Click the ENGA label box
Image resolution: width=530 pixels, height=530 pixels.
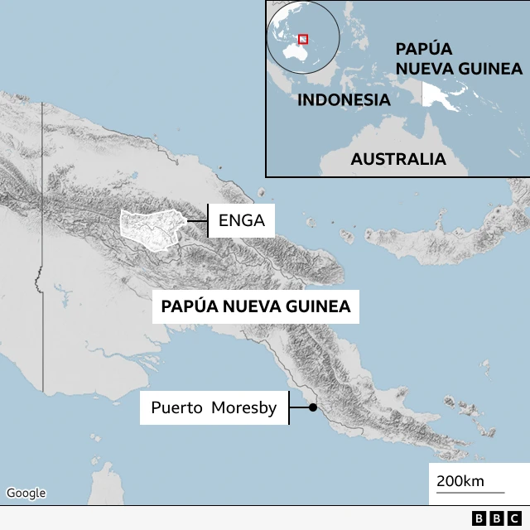[241, 221]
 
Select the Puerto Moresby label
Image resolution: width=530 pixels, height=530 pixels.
[214, 407]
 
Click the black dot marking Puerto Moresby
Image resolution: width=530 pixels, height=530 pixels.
[313, 407]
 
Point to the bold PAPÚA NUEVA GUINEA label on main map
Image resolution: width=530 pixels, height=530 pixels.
[256, 306]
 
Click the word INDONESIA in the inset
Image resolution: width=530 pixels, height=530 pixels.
[343, 100]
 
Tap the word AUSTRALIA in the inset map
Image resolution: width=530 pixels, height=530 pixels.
[397, 159]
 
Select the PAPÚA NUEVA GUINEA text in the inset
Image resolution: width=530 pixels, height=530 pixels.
[458, 58]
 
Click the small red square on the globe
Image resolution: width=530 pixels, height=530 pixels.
[303, 38]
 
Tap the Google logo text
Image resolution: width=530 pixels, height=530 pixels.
[26, 493]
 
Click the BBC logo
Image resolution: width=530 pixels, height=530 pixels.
[494, 518]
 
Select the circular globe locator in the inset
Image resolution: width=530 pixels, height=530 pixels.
[303, 40]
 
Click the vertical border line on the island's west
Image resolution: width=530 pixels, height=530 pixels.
[42, 248]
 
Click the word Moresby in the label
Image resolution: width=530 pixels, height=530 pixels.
[243, 407]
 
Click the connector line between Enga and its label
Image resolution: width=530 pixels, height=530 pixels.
[196, 221]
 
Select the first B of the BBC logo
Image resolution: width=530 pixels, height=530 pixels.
[479, 518]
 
